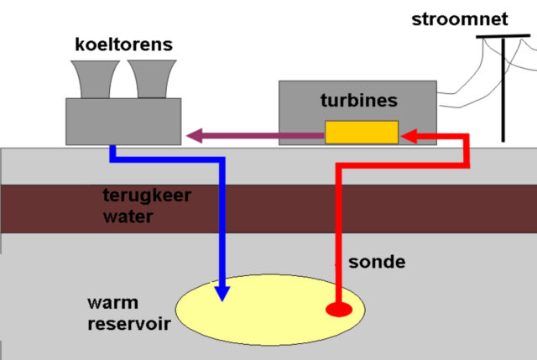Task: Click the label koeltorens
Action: click(x=123, y=44)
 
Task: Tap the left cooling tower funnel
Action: click(x=95, y=80)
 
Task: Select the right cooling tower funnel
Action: click(x=152, y=79)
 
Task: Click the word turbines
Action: click(x=359, y=101)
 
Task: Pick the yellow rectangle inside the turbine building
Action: click(x=362, y=132)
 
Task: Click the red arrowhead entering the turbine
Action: click(x=409, y=136)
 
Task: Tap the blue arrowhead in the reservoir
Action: click(x=222, y=294)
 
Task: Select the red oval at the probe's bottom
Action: click(x=339, y=310)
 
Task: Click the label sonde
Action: click(x=377, y=262)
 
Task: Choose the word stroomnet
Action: click(x=460, y=19)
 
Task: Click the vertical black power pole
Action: click(x=503, y=90)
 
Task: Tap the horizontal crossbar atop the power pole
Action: click(x=503, y=36)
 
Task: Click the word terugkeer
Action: click(x=147, y=196)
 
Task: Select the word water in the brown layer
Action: click(x=128, y=217)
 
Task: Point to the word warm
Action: click(x=112, y=303)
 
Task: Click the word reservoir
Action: click(x=129, y=324)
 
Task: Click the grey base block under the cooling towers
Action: click(x=123, y=122)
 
